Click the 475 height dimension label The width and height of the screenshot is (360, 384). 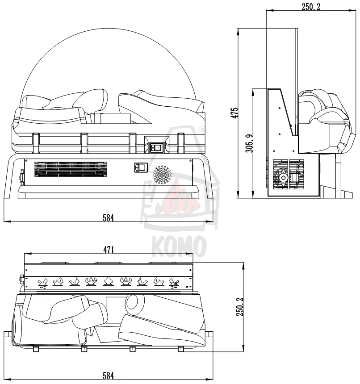(234, 113)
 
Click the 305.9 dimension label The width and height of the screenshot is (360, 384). (250, 143)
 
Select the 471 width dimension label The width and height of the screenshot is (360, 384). (109, 250)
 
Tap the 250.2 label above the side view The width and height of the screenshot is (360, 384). (311, 7)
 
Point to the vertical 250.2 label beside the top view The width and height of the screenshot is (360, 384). (240, 307)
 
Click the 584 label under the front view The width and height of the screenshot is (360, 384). (108, 217)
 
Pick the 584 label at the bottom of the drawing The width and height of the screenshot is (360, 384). (108, 376)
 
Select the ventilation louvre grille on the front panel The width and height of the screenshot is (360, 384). (71, 169)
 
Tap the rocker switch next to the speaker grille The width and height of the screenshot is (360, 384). (141, 167)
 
